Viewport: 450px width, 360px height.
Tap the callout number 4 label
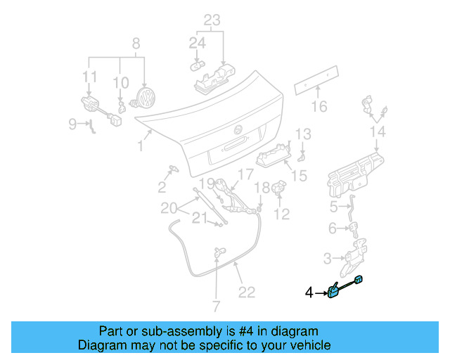click(x=309, y=292)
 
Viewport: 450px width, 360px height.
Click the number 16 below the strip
click(x=319, y=107)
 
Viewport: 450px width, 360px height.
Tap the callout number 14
click(x=378, y=131)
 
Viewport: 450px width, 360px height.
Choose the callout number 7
click(x=215, y=306)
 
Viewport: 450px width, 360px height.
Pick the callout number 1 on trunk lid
click(x=141, y=146)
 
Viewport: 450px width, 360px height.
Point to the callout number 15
click(x=299, y=175)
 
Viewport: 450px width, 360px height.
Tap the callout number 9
click(x=72, y=124)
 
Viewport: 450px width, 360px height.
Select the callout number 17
click(x=244, y=174)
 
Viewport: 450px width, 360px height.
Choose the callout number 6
click(x=333, y=229)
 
